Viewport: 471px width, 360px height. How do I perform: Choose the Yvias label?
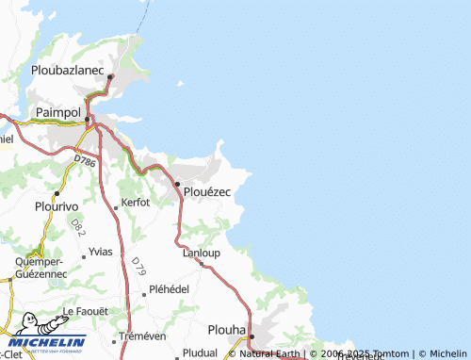[x=99, y=253]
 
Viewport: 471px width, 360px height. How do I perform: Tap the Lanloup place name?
[x=201, y=253]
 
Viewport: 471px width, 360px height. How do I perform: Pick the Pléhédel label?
[x=170, y=291]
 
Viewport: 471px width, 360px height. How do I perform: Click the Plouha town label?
[x=226, y=331]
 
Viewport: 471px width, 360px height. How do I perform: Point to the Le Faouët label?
[x=85, y=311]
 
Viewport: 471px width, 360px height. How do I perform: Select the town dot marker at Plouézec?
[x=176, y=183]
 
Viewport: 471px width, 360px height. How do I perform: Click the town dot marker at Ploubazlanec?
[x=110, y=77]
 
